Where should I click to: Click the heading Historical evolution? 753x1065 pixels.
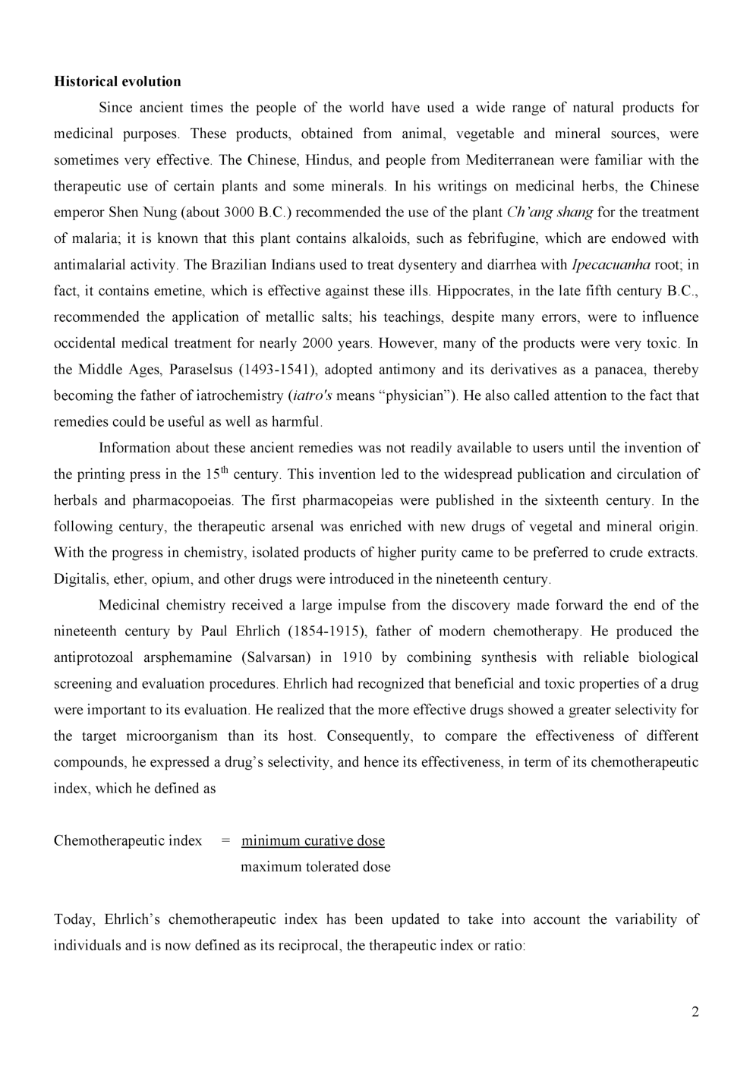pyautogui.click(x=118, y=81)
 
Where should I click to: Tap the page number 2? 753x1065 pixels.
pyautogui.click(x=695, y=1011)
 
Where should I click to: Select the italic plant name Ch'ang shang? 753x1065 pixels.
pyautogui.click(x=549, y=213)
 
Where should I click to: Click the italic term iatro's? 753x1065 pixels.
pyautogui.click(x=311, y=395)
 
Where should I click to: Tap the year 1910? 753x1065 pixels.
pyautogui.click(x=358, y=657)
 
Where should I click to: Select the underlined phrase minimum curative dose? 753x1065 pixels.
pyautogui.click(x=313, y=840)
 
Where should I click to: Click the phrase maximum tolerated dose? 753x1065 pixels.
pyautogui.click(x=315, y=867)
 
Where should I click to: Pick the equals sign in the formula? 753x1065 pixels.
pyautogui.click(x=225, y=840)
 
